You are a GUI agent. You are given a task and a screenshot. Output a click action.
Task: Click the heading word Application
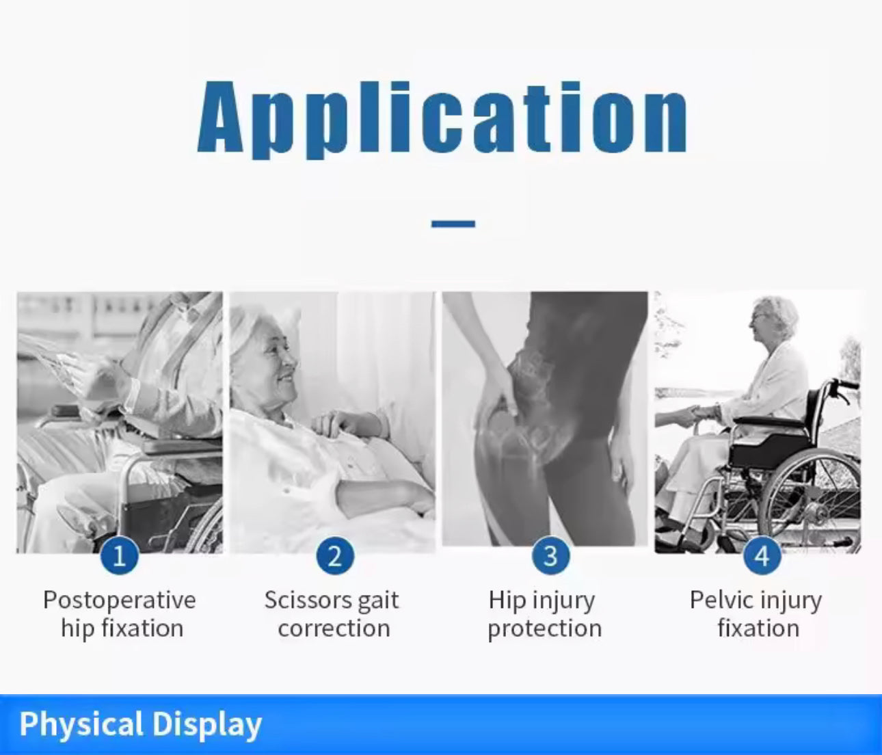coord(442,118)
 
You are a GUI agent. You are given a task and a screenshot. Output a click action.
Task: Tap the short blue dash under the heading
coord(453,224)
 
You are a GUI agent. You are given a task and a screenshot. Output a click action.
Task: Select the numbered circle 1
coord(120,556)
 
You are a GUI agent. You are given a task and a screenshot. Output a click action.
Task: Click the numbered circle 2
coord(334,556)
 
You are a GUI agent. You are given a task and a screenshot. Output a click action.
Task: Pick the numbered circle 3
coord(550,556)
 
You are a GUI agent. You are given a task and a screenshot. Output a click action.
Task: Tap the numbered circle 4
coord(762,556)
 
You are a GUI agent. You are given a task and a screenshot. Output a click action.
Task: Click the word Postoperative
coord(120,600)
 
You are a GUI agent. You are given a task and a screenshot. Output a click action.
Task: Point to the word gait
coord(378,601)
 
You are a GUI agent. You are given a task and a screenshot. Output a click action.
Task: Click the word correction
coord(334,628)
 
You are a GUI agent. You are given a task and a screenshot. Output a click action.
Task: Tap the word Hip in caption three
coord(506,601)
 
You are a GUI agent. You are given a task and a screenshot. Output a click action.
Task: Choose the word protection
coord(544,628)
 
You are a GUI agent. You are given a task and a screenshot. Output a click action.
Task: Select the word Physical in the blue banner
coord(81,725)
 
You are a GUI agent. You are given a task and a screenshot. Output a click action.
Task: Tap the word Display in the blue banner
coord(206,725)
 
